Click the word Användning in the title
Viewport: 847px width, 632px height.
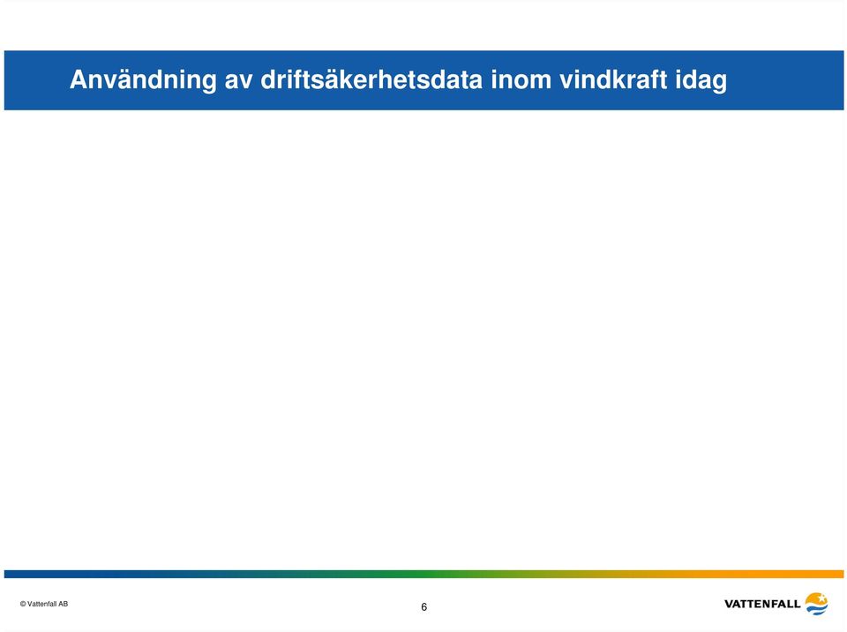point(143,80)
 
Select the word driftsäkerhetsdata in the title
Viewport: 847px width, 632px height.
point(371,79)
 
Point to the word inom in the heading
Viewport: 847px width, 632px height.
point(521,79)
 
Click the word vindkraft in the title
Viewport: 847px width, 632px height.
point(613,79)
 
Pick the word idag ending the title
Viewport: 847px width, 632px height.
point(701,81)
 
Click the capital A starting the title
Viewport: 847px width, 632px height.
point(79,79)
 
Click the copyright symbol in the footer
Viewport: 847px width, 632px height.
point(23,604)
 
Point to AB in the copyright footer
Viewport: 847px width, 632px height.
point(64,604)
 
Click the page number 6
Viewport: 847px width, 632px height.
point(424,606)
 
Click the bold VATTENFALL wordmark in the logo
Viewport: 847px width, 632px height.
point(762,604)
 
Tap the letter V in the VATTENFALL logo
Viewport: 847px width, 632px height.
point(730,604)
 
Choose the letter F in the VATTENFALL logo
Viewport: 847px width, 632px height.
point(774,604)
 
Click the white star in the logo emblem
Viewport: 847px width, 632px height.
point(821,598)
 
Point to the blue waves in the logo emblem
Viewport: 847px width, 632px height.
point(817,609)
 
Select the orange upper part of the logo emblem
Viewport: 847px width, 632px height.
point(815,598)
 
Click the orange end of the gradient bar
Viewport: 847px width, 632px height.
point(837,574)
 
